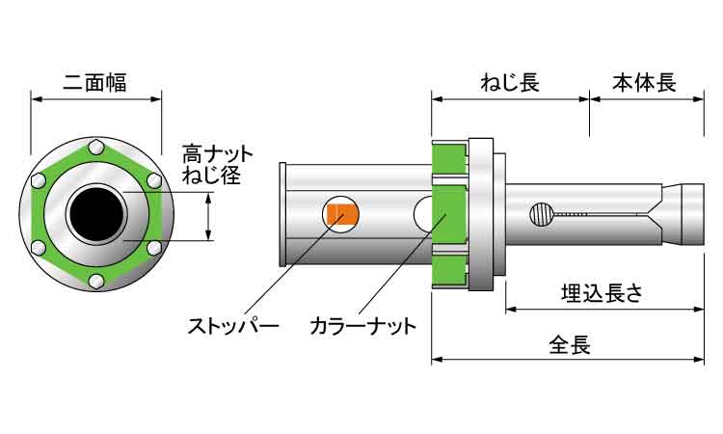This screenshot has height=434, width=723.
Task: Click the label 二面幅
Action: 96,81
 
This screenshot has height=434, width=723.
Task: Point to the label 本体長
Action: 645,83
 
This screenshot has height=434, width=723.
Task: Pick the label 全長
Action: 569,342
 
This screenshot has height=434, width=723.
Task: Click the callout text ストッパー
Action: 233,325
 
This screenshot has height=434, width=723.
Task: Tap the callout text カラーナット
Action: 362,325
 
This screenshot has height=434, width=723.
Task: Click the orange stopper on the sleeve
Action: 340,213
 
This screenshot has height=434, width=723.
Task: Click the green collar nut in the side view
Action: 448,214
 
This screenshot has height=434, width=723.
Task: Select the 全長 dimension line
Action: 568,359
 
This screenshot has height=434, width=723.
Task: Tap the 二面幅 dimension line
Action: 96,97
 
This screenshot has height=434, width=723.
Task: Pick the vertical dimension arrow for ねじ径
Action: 209,215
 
